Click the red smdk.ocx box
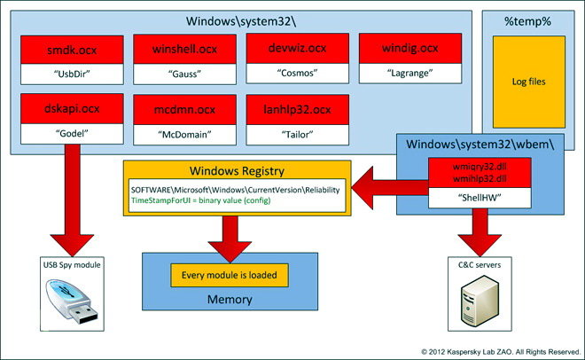click(x=72, y=50)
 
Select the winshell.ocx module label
click(x=184, y=49)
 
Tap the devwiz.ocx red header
click(x=297, y=48)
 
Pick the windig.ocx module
click(x=410, y=48)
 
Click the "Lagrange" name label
click(x=410, y=73)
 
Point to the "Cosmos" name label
click(x=297, y=73)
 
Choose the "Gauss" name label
click(x=184, y=74)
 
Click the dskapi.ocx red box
click(x=72, y=108)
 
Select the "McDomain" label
click(x=184, y=134)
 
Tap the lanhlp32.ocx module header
click(x=297, y=109)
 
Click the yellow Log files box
click(x=528, y=82)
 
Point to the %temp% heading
click(x=527, y=21)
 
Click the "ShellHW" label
click(x=480, y=198)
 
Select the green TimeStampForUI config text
click(x=200, y=200)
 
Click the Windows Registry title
click(x=237, y=171)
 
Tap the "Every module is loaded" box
click(x=230, y=275)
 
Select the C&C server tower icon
click(x=480, y=301)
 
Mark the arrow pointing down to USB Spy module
click(x=72, y=200)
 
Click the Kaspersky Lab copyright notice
click(x=501, y=352)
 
